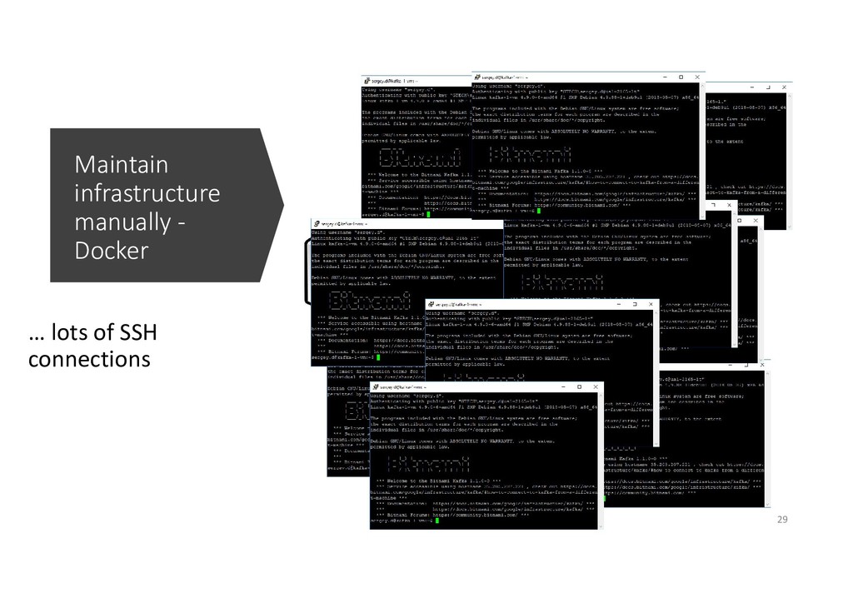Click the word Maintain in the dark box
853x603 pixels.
[x=121, y=164]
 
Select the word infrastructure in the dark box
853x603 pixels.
[x=147, y=195]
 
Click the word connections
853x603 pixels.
[x=90, y=360]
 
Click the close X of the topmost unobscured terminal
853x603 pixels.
[x=695, y=75]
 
